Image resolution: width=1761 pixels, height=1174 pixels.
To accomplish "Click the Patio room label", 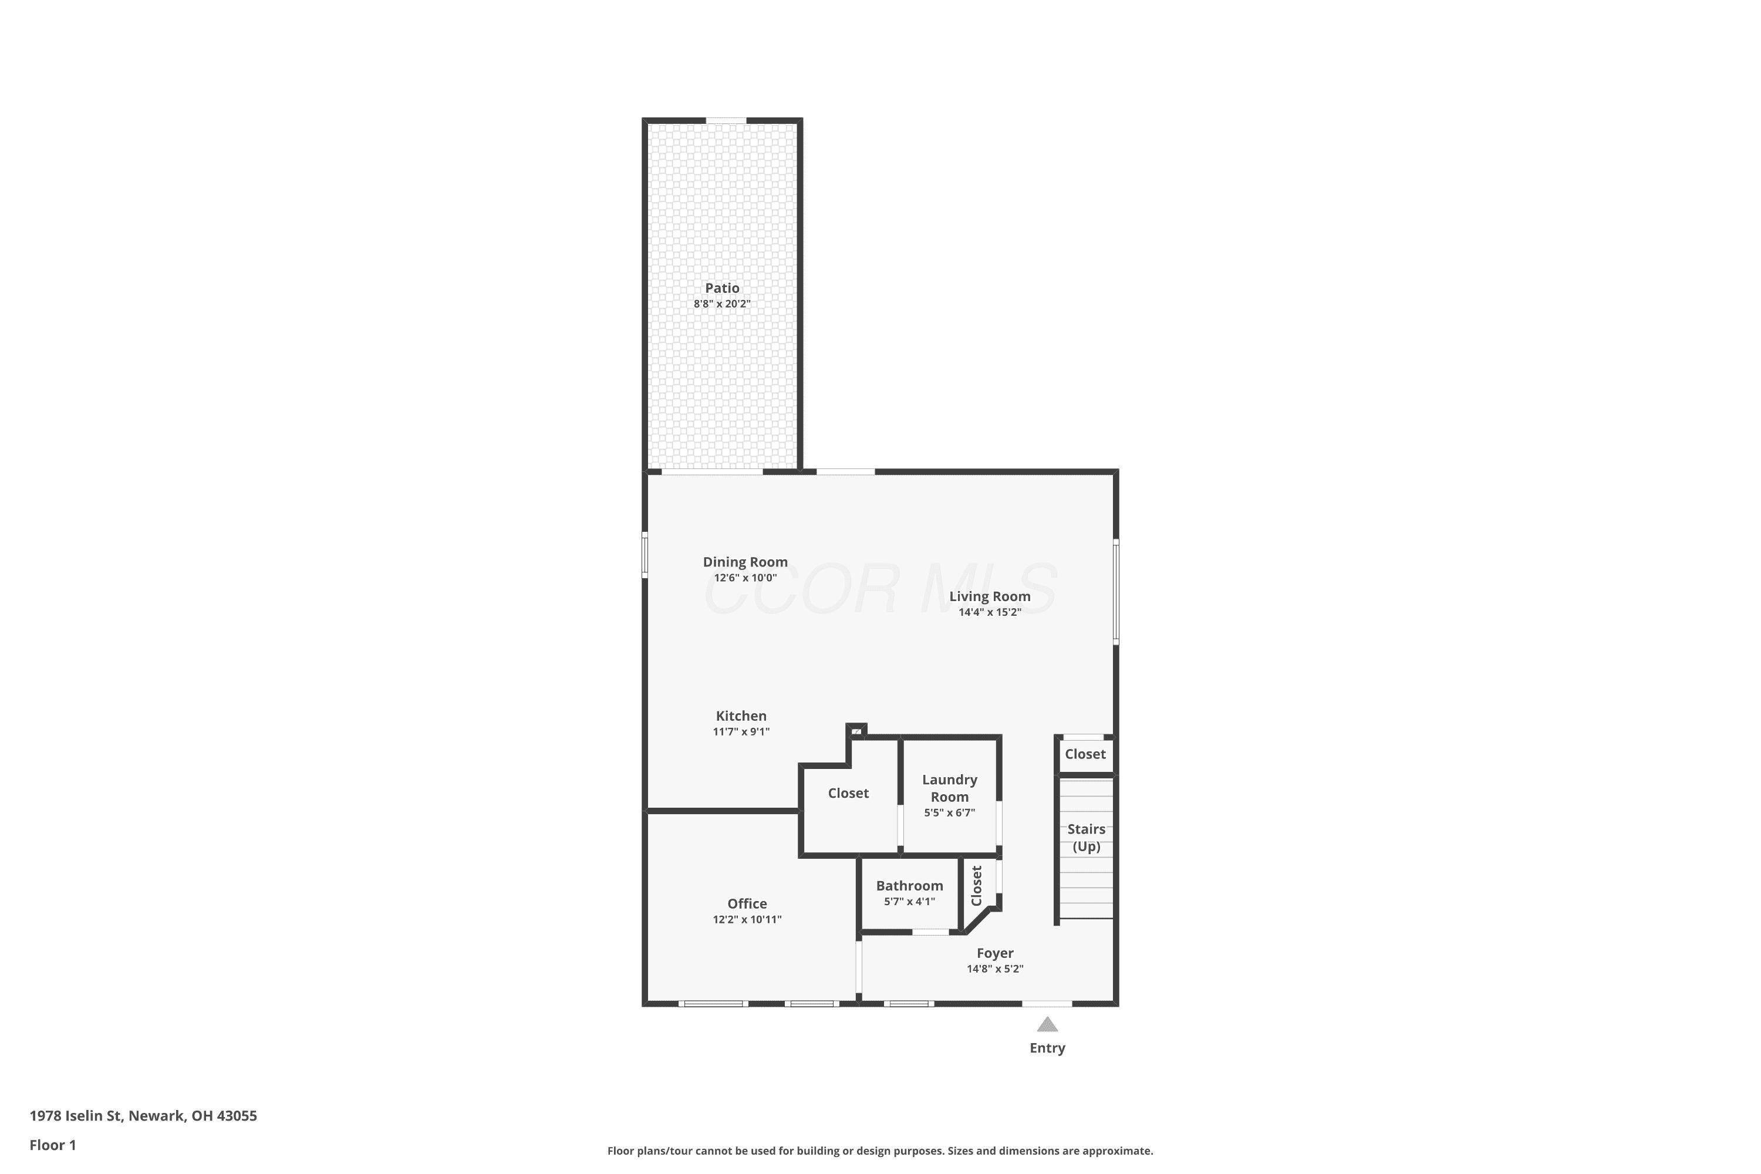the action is (722, 288).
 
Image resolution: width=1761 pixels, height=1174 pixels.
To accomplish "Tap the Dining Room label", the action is (745, 562).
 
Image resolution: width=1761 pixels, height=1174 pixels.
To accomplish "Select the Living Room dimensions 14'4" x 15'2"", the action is (990, 612).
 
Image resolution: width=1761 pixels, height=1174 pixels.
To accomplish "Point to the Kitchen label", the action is (741, 716).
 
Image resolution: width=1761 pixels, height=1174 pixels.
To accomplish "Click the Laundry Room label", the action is (949, 788).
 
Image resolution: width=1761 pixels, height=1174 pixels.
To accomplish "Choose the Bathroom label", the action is (910, 886).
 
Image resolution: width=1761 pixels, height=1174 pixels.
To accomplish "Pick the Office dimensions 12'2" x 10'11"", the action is (747, 919).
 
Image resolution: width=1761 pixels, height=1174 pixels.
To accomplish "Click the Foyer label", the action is (995, 953).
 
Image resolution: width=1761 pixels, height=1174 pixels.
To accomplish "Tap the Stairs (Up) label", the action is (1087, 838).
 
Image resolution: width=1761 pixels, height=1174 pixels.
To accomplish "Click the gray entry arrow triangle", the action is (1047, 1024).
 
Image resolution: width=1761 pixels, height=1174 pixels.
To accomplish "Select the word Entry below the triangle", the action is (1047, 1048).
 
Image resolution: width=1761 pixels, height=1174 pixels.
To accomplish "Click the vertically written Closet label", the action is (976, 886).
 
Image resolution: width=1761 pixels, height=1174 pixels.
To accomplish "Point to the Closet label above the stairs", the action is (1085, 754).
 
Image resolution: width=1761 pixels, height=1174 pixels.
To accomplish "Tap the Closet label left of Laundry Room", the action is (848, 793).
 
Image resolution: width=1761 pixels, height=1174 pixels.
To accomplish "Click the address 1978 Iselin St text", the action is (76, 1116).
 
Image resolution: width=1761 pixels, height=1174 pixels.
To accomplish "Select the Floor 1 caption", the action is (53, 1145).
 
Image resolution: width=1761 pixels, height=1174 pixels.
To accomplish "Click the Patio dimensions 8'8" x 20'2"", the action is (722, 304).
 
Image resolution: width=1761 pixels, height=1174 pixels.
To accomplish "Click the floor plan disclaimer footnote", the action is (880, 1151).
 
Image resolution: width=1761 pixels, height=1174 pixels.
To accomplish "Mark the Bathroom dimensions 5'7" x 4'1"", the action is (910, 902).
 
